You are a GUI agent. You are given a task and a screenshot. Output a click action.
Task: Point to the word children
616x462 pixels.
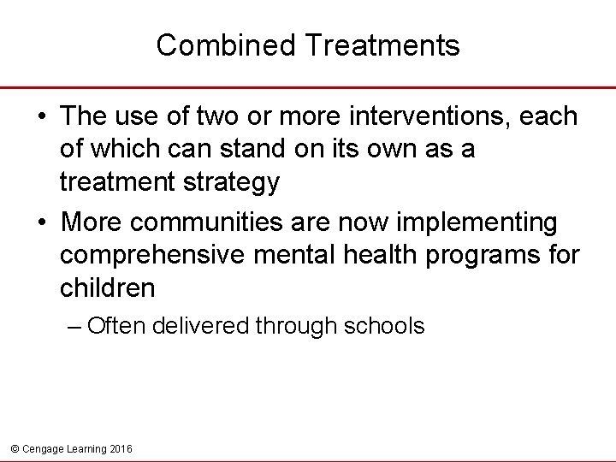[x=108, y=288]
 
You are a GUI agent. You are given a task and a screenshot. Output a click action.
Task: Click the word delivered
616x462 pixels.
[x=210, y=326]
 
